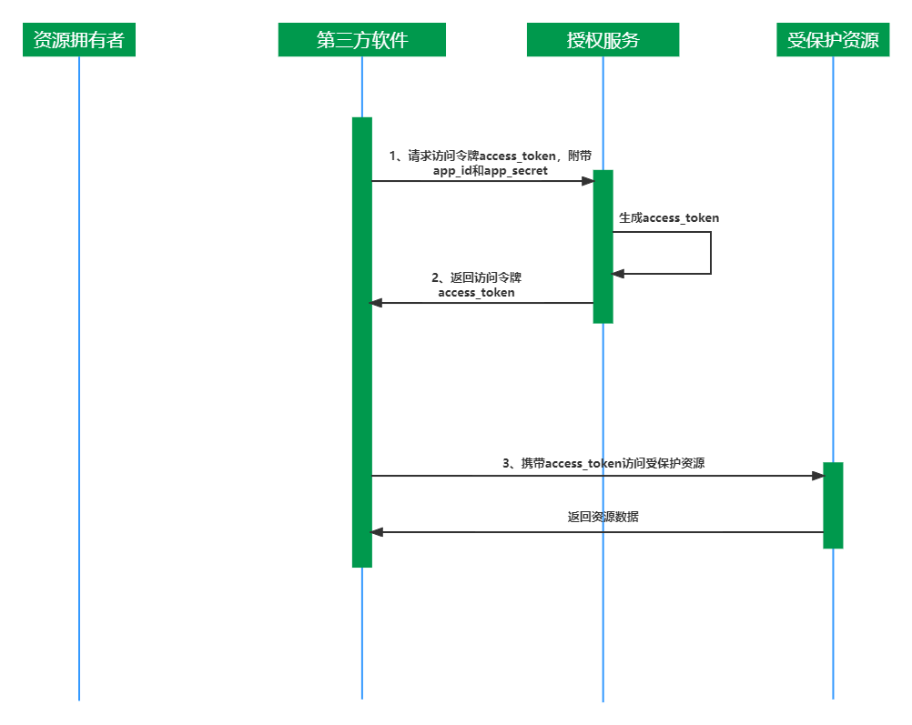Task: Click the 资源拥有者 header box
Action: point(79,40)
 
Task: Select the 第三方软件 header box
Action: point(361,40)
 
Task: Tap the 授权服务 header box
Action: point(603,40)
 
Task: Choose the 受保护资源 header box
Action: point(833,40)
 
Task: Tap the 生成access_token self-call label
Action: point(669,218)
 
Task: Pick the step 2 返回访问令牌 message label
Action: point(476,285)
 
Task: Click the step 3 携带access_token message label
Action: point(603,463)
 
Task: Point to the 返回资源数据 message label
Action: point(603,517)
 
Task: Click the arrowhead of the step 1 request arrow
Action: point(588,181)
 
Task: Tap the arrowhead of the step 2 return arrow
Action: point(376,303)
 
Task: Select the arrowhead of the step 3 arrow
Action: point(817,476)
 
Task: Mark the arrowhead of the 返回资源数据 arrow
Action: point(376,532)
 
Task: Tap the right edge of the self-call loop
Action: point(710,253)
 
